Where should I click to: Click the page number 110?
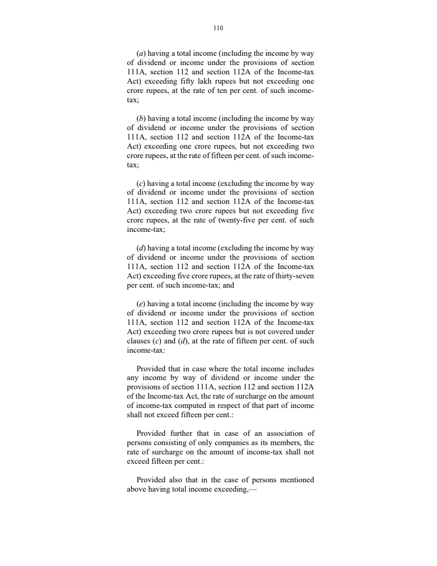(218, 27)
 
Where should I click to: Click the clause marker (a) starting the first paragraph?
(140, 54)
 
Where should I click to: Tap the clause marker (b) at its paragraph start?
(140, 118)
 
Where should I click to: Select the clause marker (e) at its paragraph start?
(140, 304)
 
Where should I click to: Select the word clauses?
(139, 341)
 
